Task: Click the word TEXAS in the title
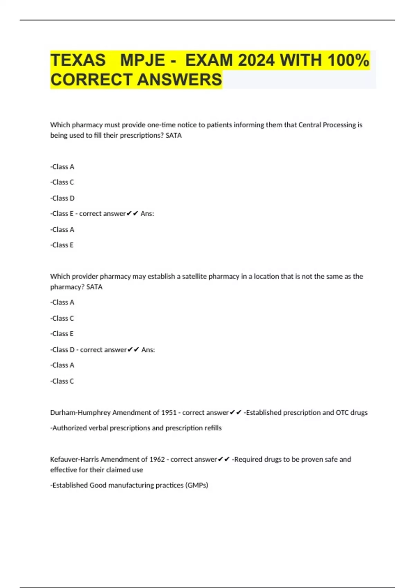point(78,60)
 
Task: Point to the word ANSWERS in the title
point(179,80)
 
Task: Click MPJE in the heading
point(142,60)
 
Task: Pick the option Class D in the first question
point(63,198)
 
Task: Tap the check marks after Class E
point(132,214)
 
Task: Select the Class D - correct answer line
point(103,350)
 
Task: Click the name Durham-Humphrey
point(80,412)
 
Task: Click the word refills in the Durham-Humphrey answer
point(213,428)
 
